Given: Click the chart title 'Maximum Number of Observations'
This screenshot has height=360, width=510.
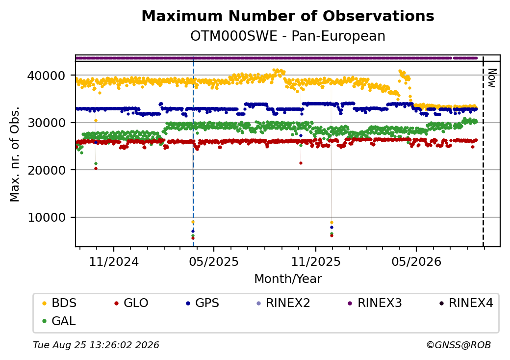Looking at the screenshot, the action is [x=288, y=16].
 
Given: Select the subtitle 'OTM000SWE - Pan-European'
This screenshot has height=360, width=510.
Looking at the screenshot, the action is [x=288, y=36].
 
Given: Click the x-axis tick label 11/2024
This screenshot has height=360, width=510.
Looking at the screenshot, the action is [x=114, y=261].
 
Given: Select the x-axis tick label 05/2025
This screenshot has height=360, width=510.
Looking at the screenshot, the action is [x=214, y=261].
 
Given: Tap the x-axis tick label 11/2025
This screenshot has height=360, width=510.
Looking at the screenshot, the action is [x=315, y=261].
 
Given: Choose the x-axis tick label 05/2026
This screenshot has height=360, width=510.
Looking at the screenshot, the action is [x=416, y=261].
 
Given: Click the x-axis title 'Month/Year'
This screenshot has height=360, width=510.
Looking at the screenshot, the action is [x=288, y=279].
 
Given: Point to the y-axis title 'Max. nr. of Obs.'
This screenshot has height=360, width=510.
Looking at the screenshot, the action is [x=15, y=154].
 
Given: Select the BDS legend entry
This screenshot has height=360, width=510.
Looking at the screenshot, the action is [x=59, y=303].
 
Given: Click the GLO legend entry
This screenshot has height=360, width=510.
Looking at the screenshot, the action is [x=131, y=303].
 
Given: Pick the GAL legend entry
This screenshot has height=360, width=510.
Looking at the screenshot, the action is [x=59, y=321].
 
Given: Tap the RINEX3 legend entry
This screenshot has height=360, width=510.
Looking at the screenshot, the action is [x=375, y=303].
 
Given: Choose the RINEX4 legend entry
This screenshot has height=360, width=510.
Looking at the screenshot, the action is [x=466, y=303].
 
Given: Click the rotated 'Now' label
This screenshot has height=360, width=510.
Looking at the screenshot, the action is [x=492, y=78].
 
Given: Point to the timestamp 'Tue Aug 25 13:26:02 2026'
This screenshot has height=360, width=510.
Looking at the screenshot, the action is [x=96, y=345].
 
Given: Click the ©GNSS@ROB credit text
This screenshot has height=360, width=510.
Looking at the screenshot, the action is [x=459, y=345].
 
